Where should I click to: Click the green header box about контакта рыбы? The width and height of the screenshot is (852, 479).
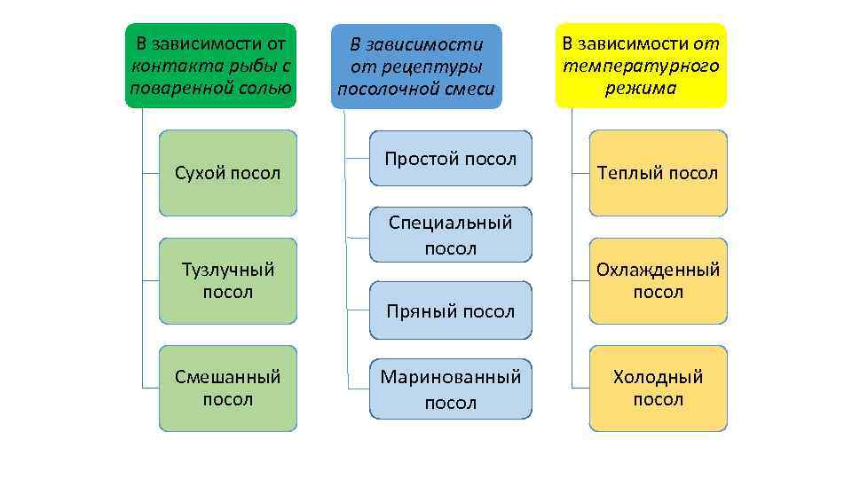pos(210,66)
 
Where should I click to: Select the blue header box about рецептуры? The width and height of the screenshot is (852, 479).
pos(416,67)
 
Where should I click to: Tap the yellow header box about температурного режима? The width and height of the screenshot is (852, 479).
pos(641,66)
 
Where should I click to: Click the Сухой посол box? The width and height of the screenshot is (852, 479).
pos(228,173)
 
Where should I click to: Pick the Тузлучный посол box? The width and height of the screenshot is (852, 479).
pos(228,280)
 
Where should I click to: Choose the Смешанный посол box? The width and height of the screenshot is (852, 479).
pos(228,389)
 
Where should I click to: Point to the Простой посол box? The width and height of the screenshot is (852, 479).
pos(451,159)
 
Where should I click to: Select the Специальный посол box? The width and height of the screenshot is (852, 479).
pos(451,235)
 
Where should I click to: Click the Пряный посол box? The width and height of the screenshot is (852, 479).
pos(451,310)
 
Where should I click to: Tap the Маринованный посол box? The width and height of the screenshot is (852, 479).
pos(451,389)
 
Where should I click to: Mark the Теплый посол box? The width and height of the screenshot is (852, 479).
pos(658,173)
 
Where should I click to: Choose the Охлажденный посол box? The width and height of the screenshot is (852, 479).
pos(658,280)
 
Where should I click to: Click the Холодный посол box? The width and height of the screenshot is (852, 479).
pos(658,389)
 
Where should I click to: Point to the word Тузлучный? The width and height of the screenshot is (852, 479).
pos(228,269)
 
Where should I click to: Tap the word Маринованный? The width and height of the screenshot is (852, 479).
pos(451,377)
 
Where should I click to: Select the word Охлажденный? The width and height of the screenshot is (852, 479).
pos(658,269)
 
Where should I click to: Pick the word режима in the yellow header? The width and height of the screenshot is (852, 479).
pos(641,88)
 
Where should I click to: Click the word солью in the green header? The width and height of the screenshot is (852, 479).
pos(266,88)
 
